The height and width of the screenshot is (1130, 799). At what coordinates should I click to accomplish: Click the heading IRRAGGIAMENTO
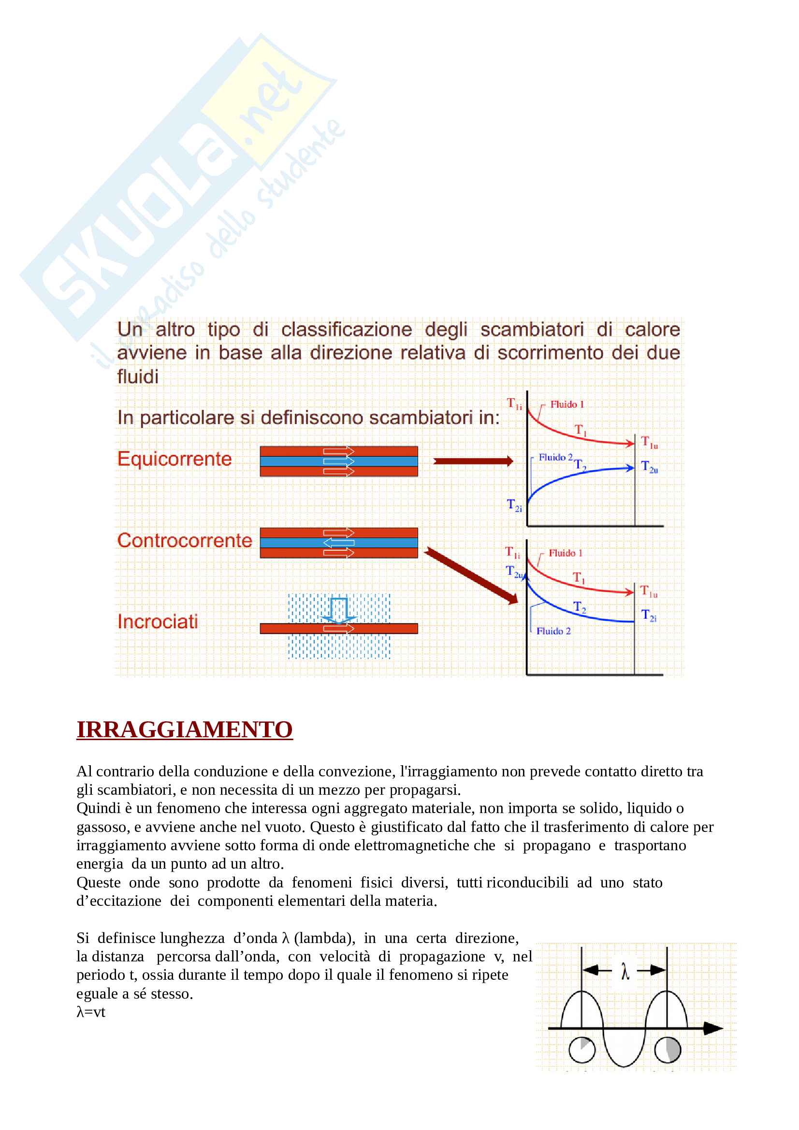point(185,729)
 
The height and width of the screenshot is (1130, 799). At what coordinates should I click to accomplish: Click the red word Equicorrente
point(174,458)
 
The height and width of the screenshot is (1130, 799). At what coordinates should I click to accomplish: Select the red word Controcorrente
point(185,541)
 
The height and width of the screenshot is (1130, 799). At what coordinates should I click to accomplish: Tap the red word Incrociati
point(158,622)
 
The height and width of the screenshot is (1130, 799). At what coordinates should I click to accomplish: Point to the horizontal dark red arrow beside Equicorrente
point(473,461)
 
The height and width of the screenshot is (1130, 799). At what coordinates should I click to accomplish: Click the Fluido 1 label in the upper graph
point(567,404)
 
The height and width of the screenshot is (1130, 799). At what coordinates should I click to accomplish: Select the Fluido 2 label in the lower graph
point(553,631)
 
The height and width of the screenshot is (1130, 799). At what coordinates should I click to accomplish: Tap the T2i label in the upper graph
point(514,505)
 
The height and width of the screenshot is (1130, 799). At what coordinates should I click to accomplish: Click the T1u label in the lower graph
point(648,591)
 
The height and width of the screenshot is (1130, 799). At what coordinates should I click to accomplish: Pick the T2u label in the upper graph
point(649,467)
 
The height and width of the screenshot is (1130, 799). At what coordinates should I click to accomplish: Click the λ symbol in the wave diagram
point(625,972)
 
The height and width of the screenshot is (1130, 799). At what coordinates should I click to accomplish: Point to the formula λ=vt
point(91,1012)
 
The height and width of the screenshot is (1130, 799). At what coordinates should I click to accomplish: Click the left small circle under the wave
point(581,1050)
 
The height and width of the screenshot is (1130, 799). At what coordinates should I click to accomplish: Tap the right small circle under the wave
point(667,1050)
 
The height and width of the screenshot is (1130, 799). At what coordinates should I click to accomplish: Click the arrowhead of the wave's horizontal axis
point(713,1028)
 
